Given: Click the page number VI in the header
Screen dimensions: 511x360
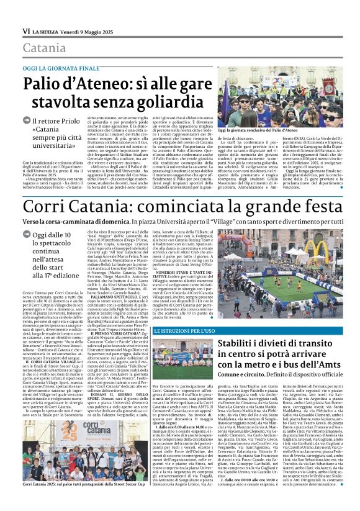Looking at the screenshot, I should coord(26,31).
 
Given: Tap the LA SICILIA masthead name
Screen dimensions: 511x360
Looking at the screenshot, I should coord(47,32).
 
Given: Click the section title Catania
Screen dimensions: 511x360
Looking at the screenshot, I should coord(44,48).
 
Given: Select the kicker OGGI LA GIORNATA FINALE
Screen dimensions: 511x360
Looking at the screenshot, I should coord(61,68).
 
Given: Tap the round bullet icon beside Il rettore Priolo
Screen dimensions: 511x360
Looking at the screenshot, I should coord(27,121).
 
